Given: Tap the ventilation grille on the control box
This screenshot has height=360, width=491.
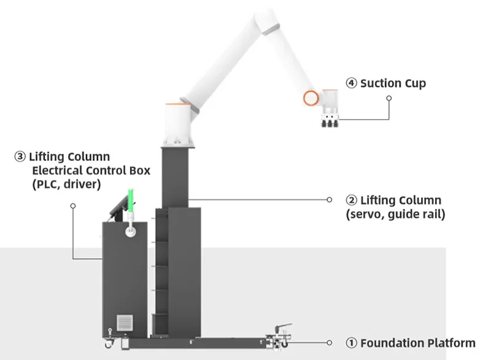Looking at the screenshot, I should (125, 323).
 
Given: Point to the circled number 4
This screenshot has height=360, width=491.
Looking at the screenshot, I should (351, 83).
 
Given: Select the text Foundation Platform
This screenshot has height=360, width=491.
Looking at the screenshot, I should (417, 343).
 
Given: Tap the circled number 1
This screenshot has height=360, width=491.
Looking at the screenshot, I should (351, 343).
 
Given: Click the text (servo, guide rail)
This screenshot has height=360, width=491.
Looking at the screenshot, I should (395, 214).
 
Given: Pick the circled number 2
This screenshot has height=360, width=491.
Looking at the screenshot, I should (351, 200).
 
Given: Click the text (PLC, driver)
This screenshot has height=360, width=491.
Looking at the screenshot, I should (66, 183).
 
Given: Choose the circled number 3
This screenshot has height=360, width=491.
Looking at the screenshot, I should (20, 157).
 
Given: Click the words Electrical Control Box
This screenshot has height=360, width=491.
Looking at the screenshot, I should (91, 170).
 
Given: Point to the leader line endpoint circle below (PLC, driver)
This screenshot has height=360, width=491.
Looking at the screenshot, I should (72, 206).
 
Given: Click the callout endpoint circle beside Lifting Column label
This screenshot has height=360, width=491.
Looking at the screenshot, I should (330, 200).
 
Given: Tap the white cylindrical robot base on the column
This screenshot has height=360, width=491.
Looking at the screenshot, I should (178, 123).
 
